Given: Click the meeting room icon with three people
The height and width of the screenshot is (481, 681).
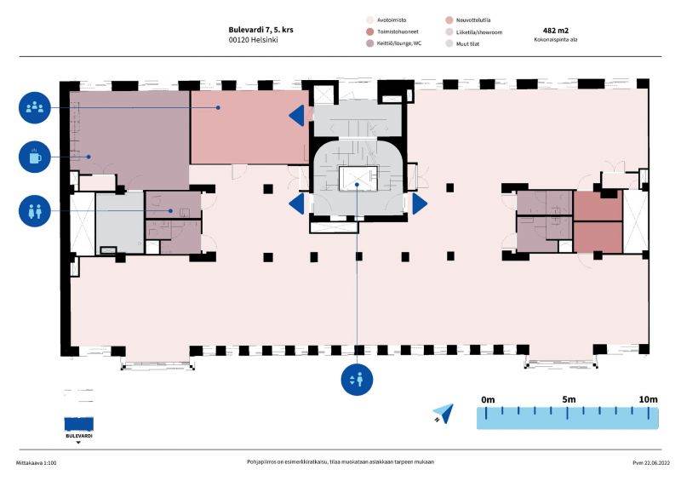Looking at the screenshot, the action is coord(35,107).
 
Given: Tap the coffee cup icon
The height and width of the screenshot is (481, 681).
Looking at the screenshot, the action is coord(35,157).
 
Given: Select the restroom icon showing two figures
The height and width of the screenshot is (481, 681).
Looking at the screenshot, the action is coord(35,211).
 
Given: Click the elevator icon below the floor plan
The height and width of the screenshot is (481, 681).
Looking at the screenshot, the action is coord(357,380).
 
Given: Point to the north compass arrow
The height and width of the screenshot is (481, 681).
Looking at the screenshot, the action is coord(444,414).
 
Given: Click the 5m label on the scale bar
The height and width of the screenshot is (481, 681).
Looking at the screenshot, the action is coord(569,399).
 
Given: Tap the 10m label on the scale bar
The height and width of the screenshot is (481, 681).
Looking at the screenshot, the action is coord(648,399).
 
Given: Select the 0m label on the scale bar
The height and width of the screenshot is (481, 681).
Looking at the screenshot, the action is coord(488,400).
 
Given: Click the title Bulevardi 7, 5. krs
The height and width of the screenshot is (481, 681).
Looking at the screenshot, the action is coord(260,30).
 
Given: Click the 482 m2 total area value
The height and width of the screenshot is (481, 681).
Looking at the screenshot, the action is coord(556,31).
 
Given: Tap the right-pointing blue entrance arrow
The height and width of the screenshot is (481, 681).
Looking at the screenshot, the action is coord(420,203).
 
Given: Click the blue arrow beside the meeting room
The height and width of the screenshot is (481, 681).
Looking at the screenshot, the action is coord(296,116).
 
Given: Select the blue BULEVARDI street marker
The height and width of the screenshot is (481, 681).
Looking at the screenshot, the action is coord(78,425).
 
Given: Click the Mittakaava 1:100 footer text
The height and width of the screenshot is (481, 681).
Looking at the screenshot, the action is coord(36,463).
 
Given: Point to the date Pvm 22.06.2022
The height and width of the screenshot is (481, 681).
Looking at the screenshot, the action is coord(651,463).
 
